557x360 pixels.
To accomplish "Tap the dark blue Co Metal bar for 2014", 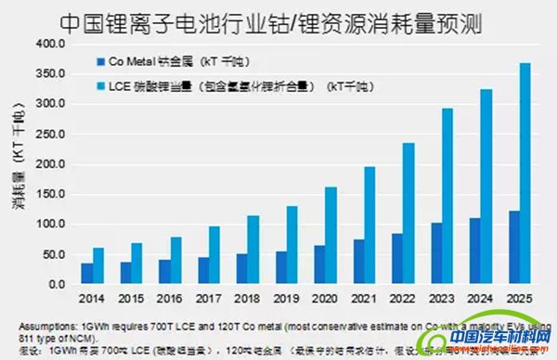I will (x=87, y=274).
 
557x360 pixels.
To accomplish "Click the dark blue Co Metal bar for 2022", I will (x=396, y=259).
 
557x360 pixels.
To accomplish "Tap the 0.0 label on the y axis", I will (x=59, y=285).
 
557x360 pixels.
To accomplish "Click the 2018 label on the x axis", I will (x=248, y=300).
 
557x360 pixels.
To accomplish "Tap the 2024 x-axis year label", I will (x=481, y=300).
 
